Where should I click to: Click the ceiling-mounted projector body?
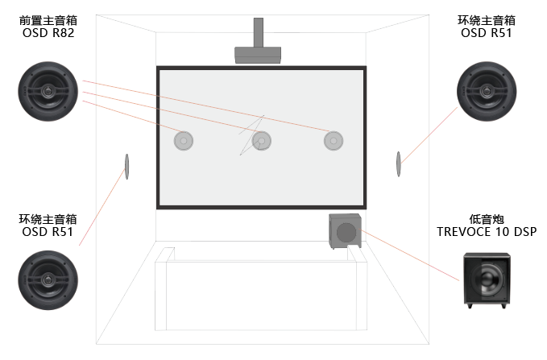coord(258,55)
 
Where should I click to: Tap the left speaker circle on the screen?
coord(184,141)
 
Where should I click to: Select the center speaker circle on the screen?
coord(262,141)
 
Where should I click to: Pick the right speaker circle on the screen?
coord(334,141)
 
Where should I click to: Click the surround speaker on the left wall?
coord(127,167)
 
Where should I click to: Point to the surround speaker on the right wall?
coord(399,164)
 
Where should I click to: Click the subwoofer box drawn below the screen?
coord(345,231)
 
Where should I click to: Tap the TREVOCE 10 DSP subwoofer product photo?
coord(487,280)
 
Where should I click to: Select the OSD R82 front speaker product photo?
coord(48,91)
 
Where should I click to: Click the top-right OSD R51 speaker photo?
coord(487,91)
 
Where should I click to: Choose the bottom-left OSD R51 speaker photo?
coord(48,280)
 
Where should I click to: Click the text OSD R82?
coord(48,33)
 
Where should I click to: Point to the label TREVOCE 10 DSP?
coord(487,232)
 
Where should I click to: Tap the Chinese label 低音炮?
coord(487,219)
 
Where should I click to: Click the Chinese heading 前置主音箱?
coord(48,21)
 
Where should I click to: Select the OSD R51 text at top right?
coord(487,33)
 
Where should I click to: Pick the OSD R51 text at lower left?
coord(48,232)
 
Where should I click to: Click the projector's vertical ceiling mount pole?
coord(258,32)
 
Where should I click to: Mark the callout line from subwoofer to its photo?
coord(410,255)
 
